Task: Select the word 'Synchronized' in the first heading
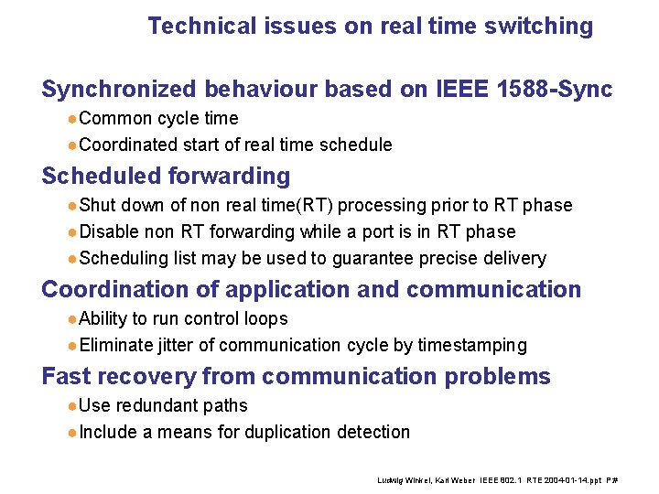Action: click(x=118, y=90)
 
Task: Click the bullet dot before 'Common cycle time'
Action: click(x=72, y=119)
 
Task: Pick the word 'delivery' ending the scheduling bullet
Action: click(x=515, y=258)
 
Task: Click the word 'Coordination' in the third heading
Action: click(x=113, y=290)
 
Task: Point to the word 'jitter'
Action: click(x=174, y=345)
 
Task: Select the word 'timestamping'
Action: click(x=472, y=345)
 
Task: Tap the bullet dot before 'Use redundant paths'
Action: click(x=72, y=406)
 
